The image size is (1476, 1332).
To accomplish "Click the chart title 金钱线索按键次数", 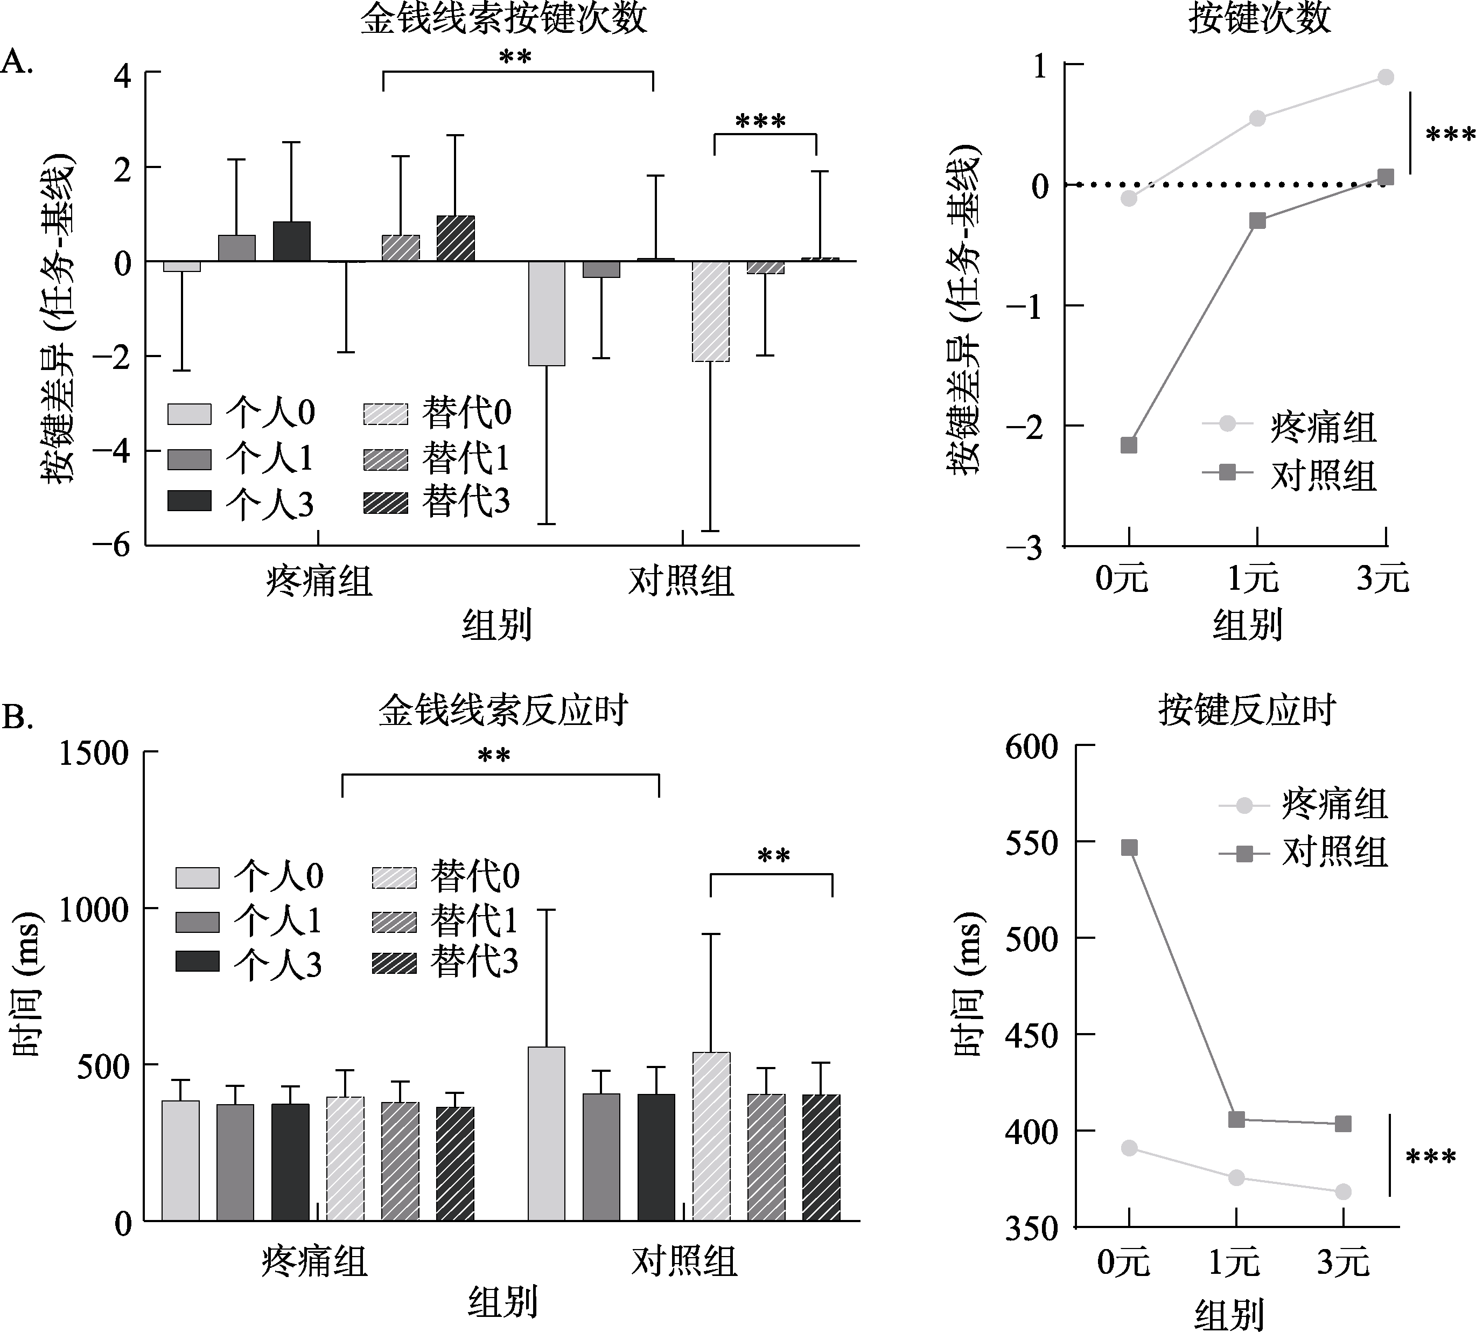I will click(x=503, y=19).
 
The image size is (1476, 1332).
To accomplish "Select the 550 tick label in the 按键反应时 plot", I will click(x=1032, y=843).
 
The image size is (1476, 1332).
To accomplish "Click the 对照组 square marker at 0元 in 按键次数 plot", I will click(x=1129, y=445).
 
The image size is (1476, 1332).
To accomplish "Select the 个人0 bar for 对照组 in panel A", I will click(x=547, y=313).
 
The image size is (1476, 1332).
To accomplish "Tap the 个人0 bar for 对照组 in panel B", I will click(x=547, y=1134).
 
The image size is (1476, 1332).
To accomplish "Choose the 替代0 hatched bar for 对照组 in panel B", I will click(x=711, y=1136).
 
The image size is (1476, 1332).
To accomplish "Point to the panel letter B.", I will click(x=18, y=718).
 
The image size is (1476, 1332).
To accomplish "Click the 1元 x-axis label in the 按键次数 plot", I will click(x=1253, y=579).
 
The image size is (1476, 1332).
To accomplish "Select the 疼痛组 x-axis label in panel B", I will click(x=314, y=1261).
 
